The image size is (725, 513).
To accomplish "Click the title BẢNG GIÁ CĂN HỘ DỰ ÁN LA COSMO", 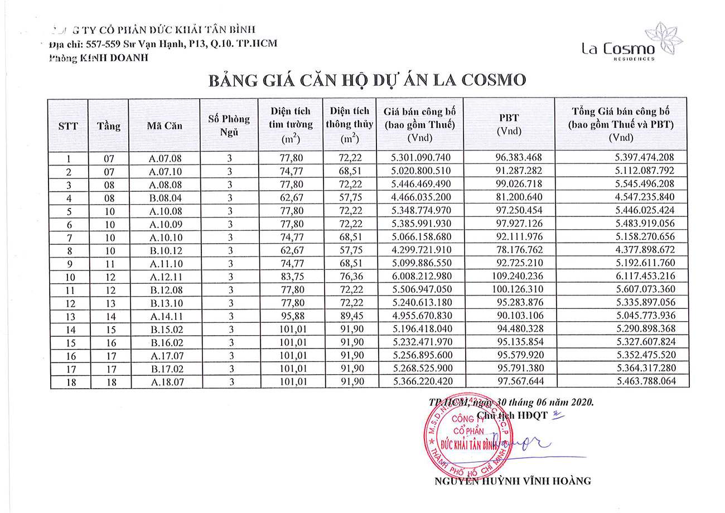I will point(367,80).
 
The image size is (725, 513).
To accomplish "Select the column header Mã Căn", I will point(165,125).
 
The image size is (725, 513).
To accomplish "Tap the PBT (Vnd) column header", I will point(509,124).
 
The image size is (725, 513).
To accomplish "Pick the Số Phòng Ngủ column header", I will point(229,125).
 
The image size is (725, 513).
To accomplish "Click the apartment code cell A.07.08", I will point(165,158).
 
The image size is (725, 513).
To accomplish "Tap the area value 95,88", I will point(290,316).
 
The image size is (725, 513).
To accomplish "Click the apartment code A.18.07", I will point(165,382).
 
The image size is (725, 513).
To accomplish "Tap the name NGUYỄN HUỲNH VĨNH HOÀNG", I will point(513,481).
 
